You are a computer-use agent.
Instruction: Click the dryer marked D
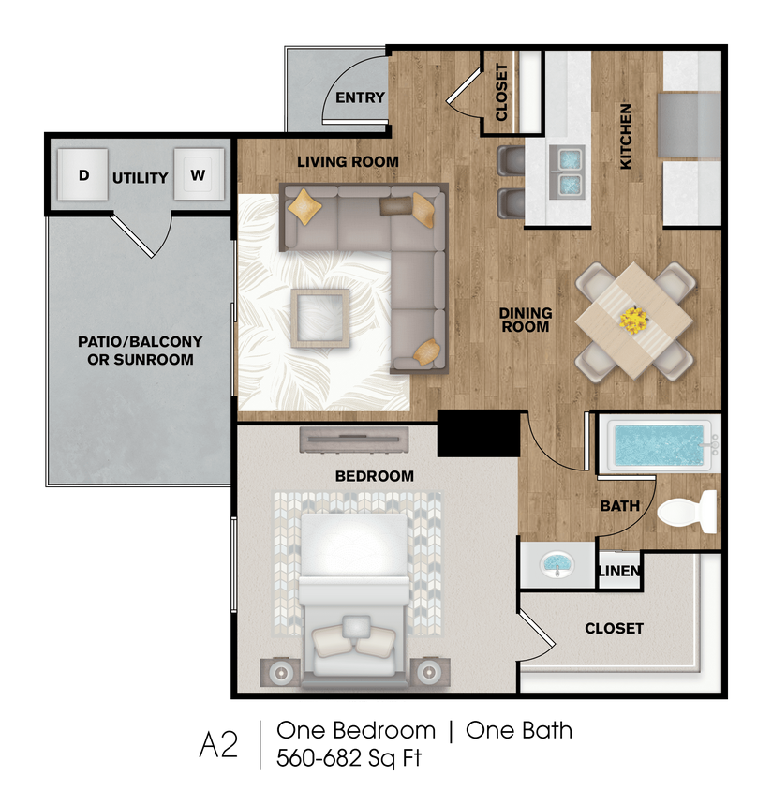[83, 174]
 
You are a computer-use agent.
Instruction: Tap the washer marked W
[198, 174]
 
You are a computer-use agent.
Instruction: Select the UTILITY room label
[141, 178]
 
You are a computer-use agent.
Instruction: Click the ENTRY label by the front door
[360, 98]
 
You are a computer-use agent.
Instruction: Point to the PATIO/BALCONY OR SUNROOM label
[140, 351]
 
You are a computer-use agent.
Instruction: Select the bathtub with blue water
[657, 446]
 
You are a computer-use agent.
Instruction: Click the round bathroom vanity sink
[558, 565]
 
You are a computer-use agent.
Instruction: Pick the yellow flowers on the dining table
[634, 321]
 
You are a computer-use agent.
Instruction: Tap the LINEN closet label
[619, 572]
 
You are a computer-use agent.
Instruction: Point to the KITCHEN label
[626, 136]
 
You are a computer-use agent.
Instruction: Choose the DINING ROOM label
[526, 320]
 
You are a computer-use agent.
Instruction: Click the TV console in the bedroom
[354, 439]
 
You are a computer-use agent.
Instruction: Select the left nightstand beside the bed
[279, 671]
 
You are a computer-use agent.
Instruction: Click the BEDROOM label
[374, 476]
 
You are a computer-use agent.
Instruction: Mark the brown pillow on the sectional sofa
[394, 206]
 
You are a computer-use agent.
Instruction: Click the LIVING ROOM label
[348, 161]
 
